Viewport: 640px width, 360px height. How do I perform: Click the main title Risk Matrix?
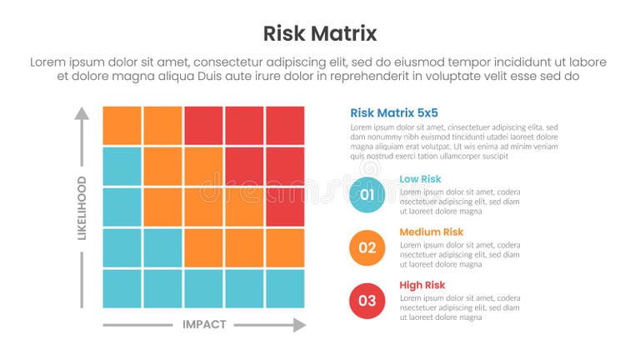pyautogui.click(x=320, y=33)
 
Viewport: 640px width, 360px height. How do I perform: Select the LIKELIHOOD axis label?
pyautogui.click(x=82, y=208)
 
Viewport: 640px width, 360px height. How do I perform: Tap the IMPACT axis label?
pyautogui.click(x=204, y=325)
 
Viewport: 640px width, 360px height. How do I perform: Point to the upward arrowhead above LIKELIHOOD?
pyautogui.click(x=81, y=112)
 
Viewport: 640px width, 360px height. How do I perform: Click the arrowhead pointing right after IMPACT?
pyautogui.click(x=299, y=325)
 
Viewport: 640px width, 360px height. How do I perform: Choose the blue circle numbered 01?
pyautogui.click(x=367, y=194)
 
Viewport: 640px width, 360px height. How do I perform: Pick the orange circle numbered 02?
pyautogui.click(x=367, y=247)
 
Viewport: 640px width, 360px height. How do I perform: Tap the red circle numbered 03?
pyautogui.click(x=367, y=301)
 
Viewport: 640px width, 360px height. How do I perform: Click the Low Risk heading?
pyautogui.click(x=420, y=179)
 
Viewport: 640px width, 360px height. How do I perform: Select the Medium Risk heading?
pyautogui.click(x=431, y=232)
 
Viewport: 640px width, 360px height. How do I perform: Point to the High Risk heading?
pyautogui.click(x=422, y=286)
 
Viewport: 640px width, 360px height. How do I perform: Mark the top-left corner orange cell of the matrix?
pyautogui.click(x=122, y=126)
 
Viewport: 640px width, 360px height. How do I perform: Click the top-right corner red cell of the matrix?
pyautogui.click(x=285, y=126)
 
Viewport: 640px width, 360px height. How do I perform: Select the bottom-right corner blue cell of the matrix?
pyautogui.click(x=285, y=288)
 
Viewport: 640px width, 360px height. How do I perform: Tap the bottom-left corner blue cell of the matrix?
pyautogui.click(x=122, y=288)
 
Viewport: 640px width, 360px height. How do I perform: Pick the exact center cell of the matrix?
pyautogui.click(x=203, y=207)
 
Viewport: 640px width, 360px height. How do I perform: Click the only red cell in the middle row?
pyautogui.click(x=285, y=207)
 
